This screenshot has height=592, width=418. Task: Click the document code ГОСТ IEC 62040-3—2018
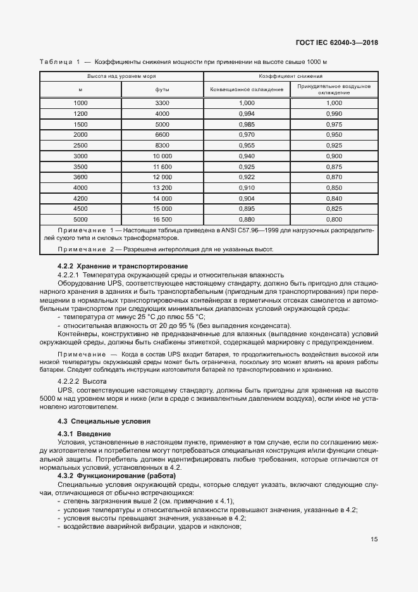pyautogui.click(x=341, y=44)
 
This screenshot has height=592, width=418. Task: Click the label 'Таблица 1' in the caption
pyautogui.click(x=59, y=62)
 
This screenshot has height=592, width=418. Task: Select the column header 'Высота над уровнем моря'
pyautogui.click(x=121, y=76)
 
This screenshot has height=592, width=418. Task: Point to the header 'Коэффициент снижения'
pyautogui.click(x=290, y=76)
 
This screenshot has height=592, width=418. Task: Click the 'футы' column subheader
pyautogui.click(x=163, y=90)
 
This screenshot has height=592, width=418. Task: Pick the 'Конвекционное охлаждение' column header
pyautogui.click(x=247, y=90)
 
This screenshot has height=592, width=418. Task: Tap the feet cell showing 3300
pyautogui.click(x=163, y=103)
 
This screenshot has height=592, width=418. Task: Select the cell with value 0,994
pyautogui.click(x=247, y=113)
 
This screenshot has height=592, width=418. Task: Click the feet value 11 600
pyautogui.click(x=163, y=167)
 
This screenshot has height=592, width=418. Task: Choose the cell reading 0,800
pyautogui.click(x=334, y=219)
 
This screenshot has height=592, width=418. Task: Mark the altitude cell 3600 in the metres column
pyautogui.click(x=80, y=177)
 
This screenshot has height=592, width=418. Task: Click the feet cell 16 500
pyautogui.click(x=163, y=219)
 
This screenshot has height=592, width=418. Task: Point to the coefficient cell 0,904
pyautogui.click(x=247, y=198)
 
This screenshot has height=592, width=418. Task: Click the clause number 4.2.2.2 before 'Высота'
pyautogui.click(x=70, y=383)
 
